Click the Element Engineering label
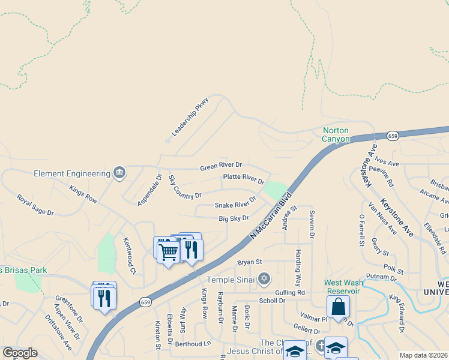coord(72,174)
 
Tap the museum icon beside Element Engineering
coord(119,173)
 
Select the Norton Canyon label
coord(336,134)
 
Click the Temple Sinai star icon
coord(264,278)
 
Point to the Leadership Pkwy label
coord(190,116)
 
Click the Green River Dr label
coord(221,165)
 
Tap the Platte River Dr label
coord(244,178)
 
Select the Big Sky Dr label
coord(234,218)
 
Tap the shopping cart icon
coord(168,251)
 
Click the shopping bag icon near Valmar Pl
coord(339,307)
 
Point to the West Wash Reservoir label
coord(342,287)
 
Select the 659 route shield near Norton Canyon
coord(393,136)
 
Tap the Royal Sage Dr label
coord(35,205)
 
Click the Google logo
coord(20,353)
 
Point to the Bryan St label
coord(250,262)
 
